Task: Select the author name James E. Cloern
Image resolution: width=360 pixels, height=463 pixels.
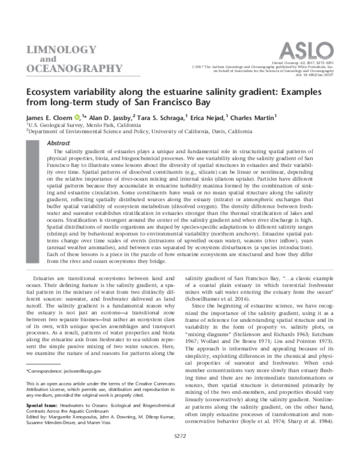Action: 50,117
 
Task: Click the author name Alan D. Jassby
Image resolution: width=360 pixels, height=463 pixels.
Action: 109,117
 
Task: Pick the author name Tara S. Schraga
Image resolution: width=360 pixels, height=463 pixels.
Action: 163,117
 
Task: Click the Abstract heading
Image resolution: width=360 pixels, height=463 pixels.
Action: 58,144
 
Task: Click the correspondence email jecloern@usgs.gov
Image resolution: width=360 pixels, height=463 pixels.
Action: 84,372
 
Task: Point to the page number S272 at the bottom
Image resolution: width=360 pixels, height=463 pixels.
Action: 180,452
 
